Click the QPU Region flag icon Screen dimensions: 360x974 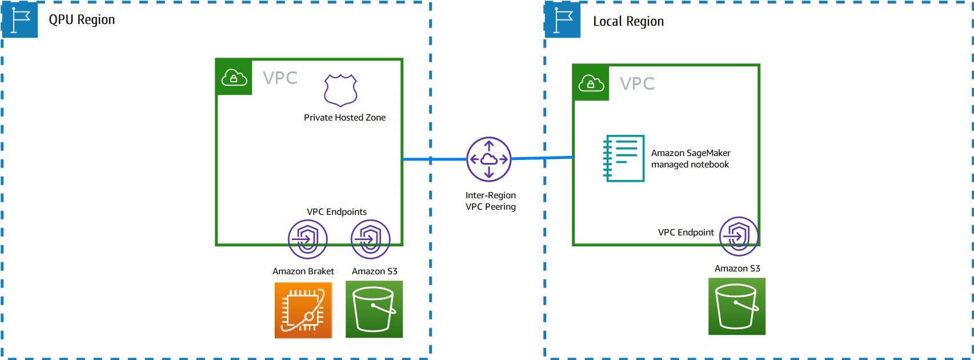[x=20, y=20]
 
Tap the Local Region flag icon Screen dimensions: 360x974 [x=563, y=20]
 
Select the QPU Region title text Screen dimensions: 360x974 [x=82, y=20]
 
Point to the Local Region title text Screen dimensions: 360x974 [x=628, y=22]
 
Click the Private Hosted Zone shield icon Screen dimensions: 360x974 [x=340, y=90]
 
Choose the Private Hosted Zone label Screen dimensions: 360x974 [x=344, y=118]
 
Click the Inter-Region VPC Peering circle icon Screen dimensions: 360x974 [x=489, y=159]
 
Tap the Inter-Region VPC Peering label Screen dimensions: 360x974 [x=491, y=201]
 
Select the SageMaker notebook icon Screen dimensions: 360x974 [x=624, y=158]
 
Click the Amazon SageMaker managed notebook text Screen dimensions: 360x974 [x=691, y=159]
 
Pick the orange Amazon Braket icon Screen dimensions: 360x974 [x=303, y=310]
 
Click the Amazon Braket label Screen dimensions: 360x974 [x=303, y=271]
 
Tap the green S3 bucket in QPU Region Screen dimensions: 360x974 [x=374, y=309]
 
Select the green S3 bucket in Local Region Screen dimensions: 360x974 [x=737, y=306]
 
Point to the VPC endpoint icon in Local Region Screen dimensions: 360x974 [x=739, y=236]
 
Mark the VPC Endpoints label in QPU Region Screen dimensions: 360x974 [x=336, y=212]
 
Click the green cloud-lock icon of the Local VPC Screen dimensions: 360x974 [x=591, y=83]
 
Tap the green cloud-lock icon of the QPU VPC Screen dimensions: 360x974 [x=234, y=77]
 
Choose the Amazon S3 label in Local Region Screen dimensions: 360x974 [x=737, y=269]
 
